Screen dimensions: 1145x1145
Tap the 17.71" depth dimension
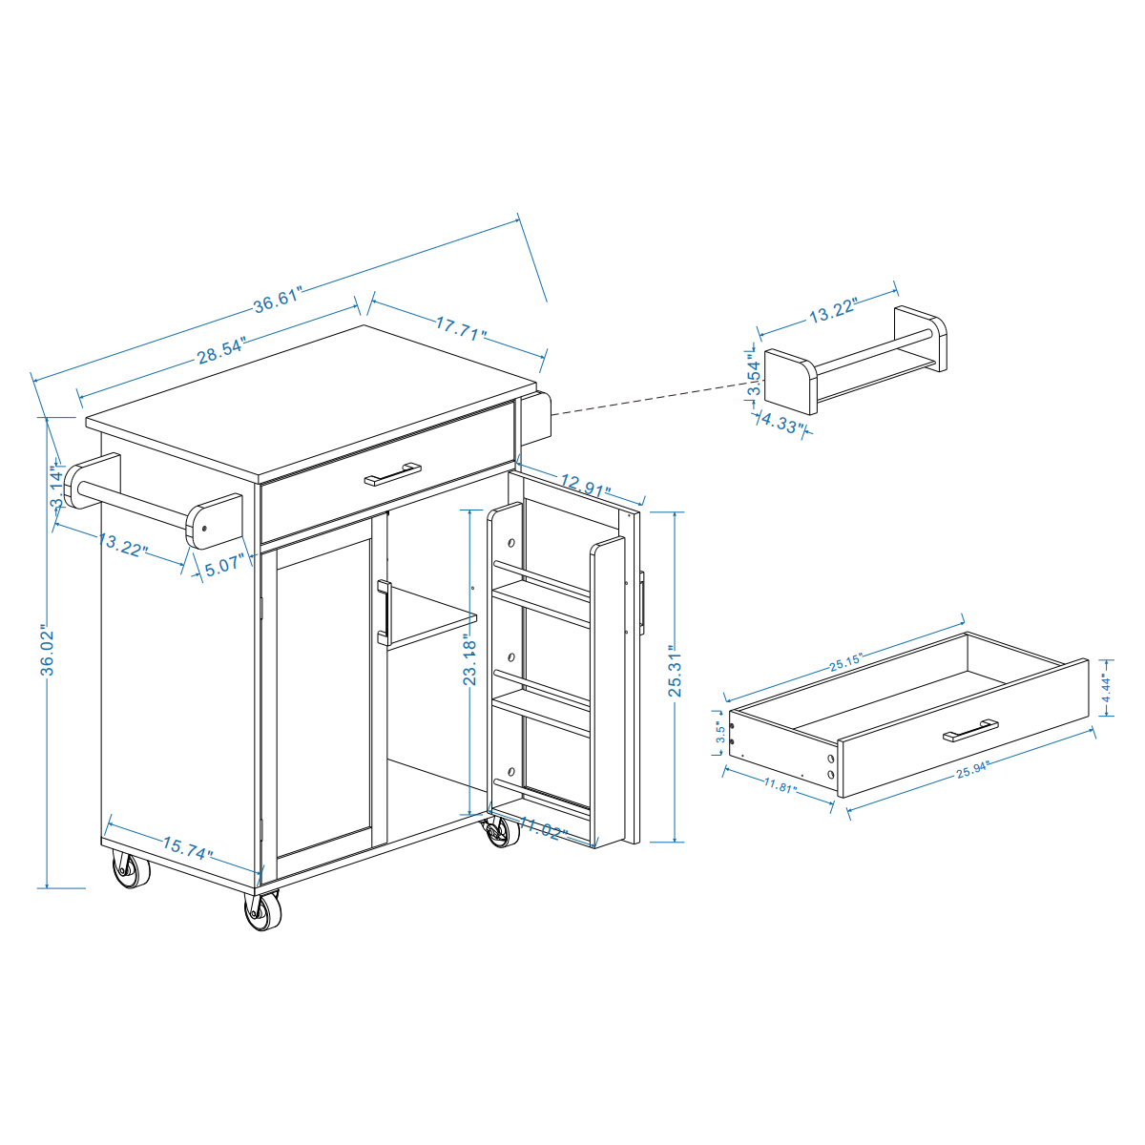point(462,329)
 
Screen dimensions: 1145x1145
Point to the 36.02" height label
point(48,651)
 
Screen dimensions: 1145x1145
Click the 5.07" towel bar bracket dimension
point(225,565)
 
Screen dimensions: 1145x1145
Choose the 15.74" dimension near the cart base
point(187,847)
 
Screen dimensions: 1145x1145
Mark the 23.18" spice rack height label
point(469,660)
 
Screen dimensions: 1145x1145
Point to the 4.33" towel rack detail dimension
point(781,425)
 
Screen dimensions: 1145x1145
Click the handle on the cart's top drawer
point(392,474)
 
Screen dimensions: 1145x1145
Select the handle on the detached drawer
point(970,731)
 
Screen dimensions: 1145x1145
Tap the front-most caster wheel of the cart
point(262,912)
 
